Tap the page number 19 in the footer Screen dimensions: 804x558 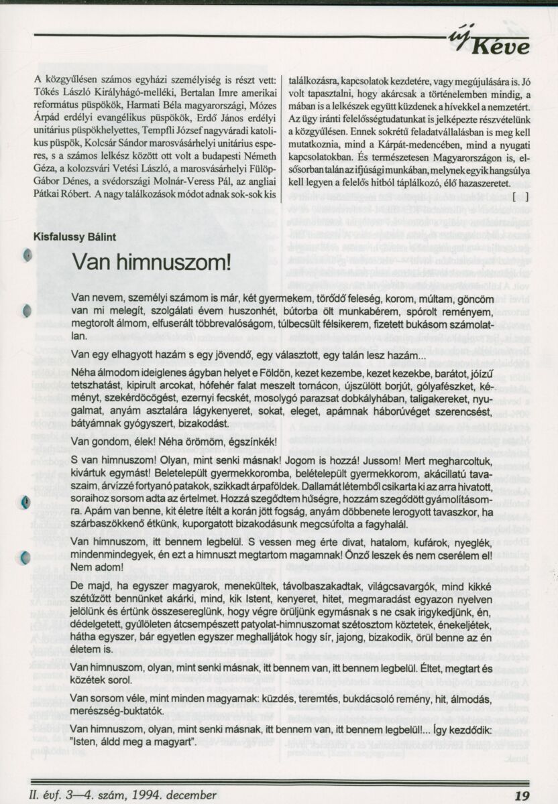[522, 795]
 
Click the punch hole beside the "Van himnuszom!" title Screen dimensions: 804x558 [27, 255]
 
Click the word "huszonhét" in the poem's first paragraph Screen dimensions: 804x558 [283, 313]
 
